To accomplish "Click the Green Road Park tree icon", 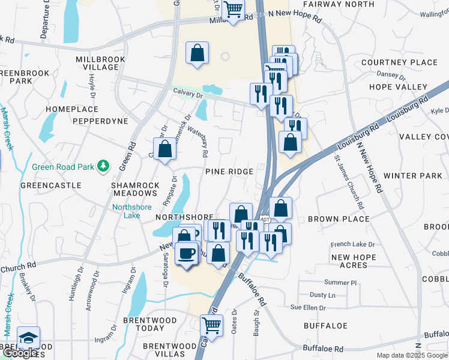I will point(104,165).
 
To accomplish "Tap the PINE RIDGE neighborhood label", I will point(229,172).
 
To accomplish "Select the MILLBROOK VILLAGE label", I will point(101,64).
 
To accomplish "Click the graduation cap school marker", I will point(28,337).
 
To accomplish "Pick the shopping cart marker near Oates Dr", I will point(211,326).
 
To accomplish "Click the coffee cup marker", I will point(187,252).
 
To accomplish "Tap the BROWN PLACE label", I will point(338,219).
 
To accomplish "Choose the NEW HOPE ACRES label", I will point(353,261).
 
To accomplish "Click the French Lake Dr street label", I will point(354,244).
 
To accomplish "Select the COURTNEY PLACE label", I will point(399,62).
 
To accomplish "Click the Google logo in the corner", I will point(20,353).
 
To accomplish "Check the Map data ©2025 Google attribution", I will point(412,355).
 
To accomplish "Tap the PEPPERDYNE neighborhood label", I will point(100,121).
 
